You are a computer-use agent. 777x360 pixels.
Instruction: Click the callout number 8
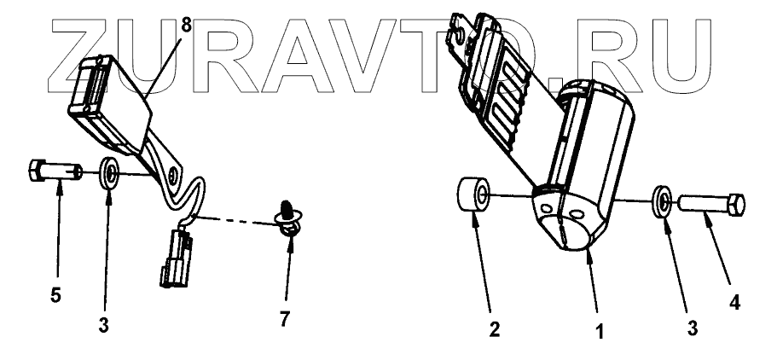186,25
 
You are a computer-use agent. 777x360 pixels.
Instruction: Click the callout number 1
600,330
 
